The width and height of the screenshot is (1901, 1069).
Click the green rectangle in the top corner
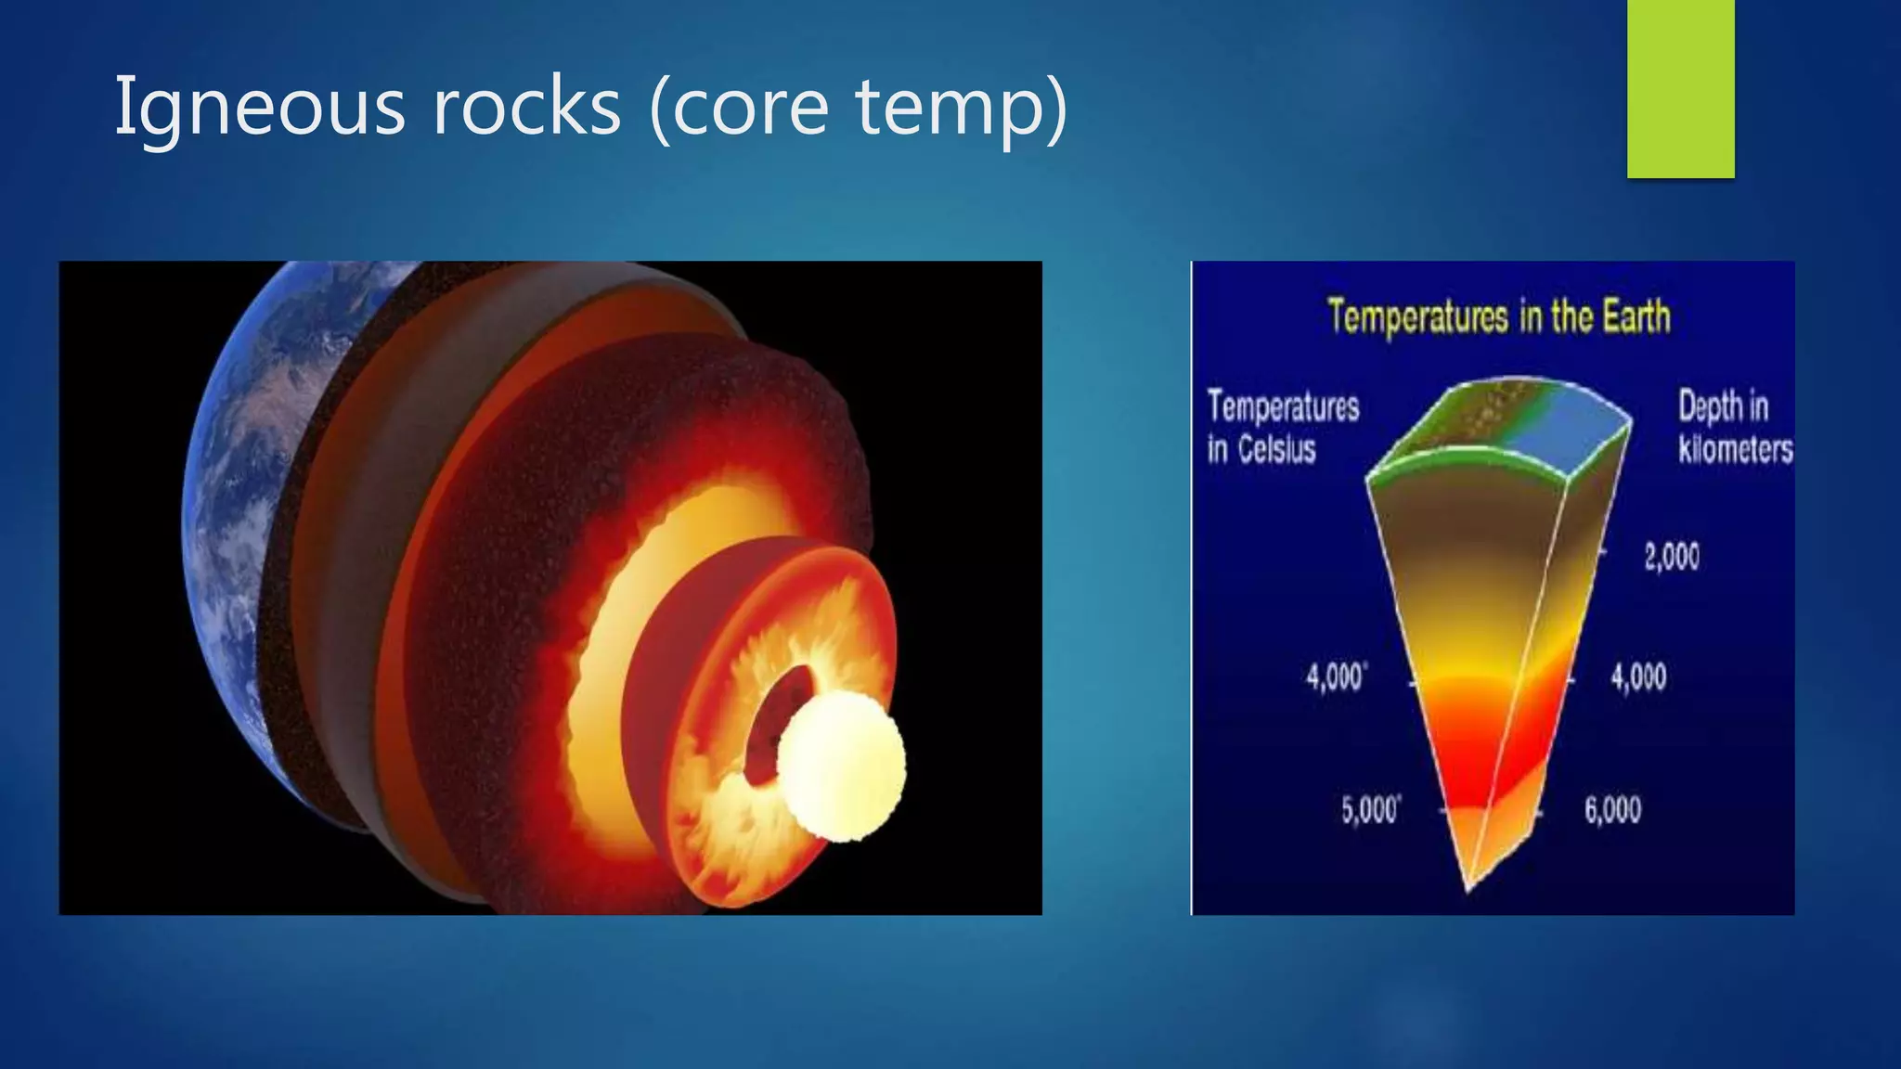tap(1680, 88)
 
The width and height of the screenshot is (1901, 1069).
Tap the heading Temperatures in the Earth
tap(1498, 316)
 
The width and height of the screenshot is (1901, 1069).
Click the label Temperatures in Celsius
tap(1281, 427)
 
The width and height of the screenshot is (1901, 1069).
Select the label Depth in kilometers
tap(1734, 427)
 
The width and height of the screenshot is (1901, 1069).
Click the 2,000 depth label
tap(1672, 557)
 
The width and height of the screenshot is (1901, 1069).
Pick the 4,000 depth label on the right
tap(1638, 677)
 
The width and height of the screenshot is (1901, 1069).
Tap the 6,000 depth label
tap(1612, 810)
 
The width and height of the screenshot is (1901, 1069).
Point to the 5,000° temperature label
tap(1370, 810)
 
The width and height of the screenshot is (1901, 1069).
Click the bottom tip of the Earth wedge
tap(1468, 886)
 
